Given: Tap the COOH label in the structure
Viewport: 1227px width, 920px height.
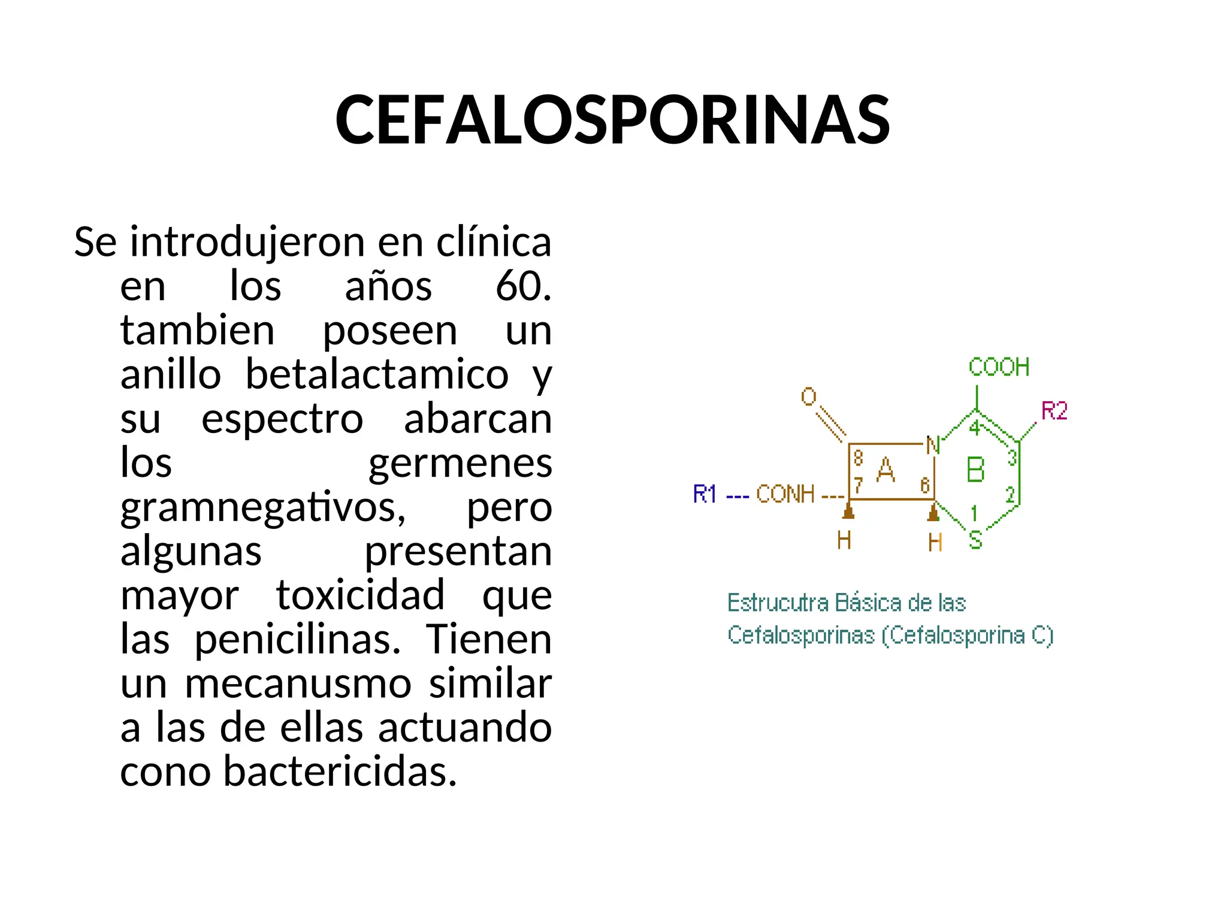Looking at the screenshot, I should click(999, 367).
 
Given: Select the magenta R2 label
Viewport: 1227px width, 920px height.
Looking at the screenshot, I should click(1054, 411).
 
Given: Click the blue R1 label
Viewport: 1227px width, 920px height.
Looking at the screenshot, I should click(705, 494).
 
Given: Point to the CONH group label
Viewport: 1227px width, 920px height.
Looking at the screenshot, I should click(785, 494).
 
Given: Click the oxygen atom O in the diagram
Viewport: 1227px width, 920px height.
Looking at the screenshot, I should click(809, 397).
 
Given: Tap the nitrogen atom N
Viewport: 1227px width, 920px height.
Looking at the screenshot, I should click(933, 446).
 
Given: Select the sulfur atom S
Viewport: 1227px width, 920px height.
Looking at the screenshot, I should click(975, 540).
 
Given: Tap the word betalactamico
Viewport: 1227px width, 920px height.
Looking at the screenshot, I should click(377, 374).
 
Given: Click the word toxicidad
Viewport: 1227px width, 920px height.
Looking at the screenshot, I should click(360, 595).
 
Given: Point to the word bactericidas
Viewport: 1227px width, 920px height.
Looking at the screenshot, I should click(340, 771).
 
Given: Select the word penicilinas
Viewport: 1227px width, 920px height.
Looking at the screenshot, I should click(297, 639).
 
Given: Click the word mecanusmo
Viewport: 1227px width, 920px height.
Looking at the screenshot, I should click(298, 683).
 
